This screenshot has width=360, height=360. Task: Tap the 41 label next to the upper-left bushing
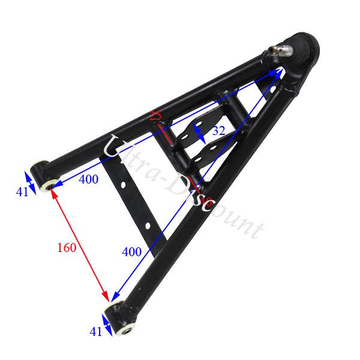(x=22, y=193)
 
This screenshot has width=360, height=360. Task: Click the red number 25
(x=155, y=116)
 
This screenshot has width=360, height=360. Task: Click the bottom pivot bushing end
(x=121, y=318)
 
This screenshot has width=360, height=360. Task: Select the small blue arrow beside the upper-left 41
(x=28, y=178)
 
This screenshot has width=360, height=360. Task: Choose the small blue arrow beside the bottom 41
(x=106, y=325)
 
